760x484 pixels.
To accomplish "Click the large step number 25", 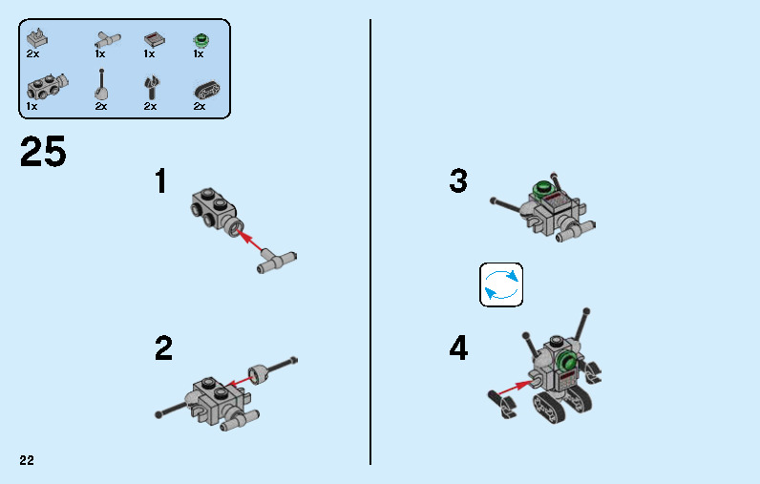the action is point(43,152).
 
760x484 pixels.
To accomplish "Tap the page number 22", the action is point(27,460).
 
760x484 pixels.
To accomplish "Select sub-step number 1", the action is point(161,181).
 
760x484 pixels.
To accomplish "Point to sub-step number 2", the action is point(163,348).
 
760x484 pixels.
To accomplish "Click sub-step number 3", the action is point(458,181).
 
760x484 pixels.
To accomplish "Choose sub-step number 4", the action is point(458,348).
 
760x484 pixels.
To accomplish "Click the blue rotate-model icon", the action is point(501,284).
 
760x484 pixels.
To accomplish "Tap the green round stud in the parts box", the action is point(201,40).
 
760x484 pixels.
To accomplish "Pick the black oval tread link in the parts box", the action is point(207,91).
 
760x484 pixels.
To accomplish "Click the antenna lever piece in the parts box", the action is point(101,85).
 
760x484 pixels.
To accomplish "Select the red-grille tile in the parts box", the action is point(154,39).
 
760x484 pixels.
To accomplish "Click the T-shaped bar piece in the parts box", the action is point(108,40).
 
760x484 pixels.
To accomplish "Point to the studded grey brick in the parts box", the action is point(47,87).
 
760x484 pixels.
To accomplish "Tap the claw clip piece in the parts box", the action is point(151,87).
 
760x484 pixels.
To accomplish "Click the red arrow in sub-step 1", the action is point(251,242).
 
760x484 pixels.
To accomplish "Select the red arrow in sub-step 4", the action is point(516,389).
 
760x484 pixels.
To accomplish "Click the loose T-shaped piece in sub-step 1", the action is point(277,263).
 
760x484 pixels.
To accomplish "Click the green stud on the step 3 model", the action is point(542,187).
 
